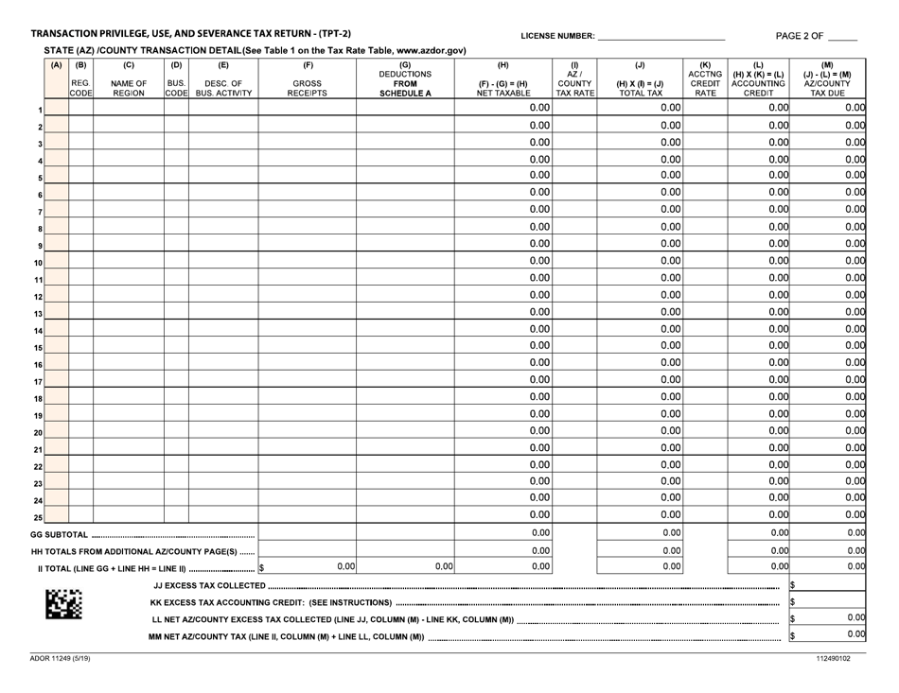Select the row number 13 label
pos(39,313)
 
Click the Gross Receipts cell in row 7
pos(308,209)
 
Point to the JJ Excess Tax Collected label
pos(209,586)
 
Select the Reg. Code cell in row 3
pos(80,143)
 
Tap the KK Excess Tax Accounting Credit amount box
pos(832,602)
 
